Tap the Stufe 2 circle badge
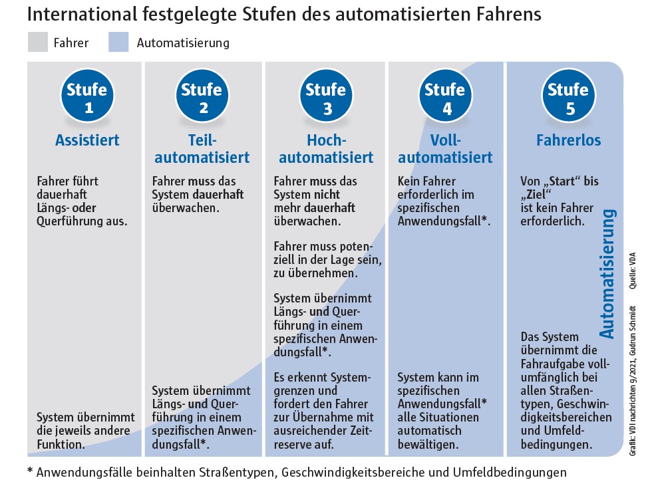[205, 98]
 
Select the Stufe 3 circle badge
[325, 98]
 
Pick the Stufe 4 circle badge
[444, 98]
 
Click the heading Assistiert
[87, 140]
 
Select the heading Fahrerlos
[568, 140]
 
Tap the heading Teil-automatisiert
[204, 149]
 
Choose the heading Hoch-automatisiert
[325, 149]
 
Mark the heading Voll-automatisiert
[445, 149]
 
